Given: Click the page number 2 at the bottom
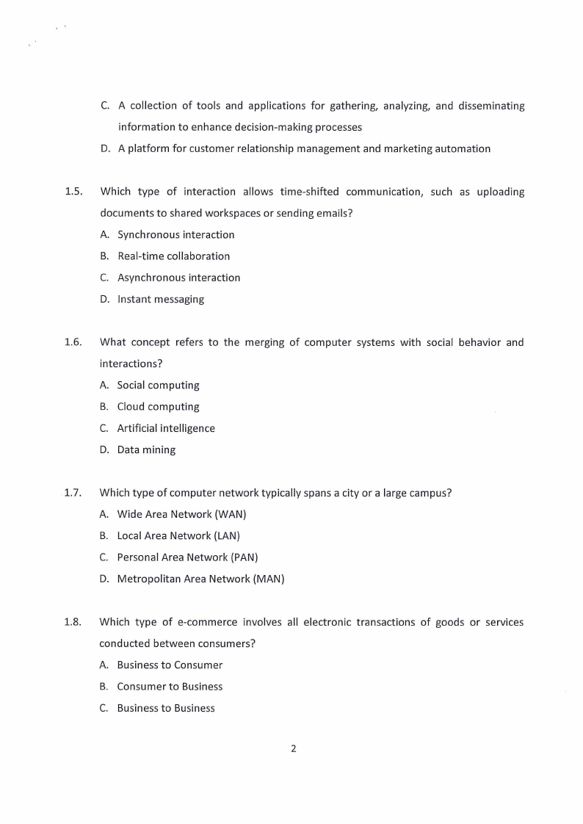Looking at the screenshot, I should click(293, 749).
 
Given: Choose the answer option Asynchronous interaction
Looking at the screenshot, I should click(178, 278).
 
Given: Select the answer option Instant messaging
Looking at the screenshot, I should click(161, 299).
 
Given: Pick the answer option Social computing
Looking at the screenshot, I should click(158, 385).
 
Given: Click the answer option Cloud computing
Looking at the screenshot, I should click(158, 406).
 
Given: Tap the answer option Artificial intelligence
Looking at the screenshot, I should click(166, 428).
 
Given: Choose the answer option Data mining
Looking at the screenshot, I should click(146, 449).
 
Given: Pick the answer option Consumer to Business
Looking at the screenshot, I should click(170, 687).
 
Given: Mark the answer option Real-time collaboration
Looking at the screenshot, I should click(173, 256).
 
